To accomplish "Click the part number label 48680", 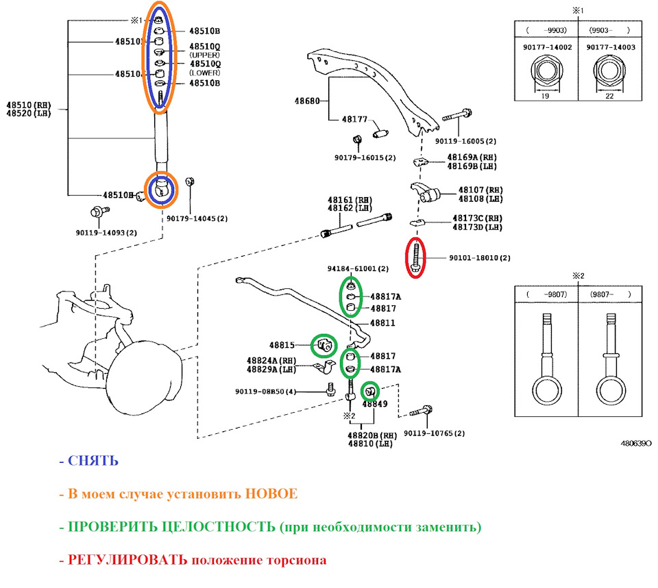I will coord(307,101).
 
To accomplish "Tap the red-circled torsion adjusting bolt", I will coord(415,258).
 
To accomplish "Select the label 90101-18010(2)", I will coord(480,258).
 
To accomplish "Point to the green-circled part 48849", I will coord(369,391).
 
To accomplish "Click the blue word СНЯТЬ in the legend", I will coord(93,461).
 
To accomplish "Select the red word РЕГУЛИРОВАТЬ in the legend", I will coord(127,560).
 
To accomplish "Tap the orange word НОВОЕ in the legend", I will coord(271,494).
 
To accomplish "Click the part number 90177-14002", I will coord(546,47).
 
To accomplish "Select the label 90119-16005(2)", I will coord(465,141).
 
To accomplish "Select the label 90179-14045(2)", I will coord(197,219).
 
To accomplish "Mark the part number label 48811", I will coord(382,322).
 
